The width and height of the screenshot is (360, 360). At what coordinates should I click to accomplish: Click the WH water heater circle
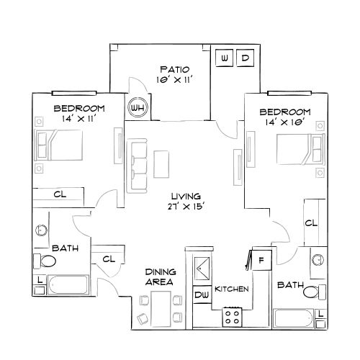[x=135, y=109]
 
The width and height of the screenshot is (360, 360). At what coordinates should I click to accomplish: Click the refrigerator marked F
[x=261, y=258]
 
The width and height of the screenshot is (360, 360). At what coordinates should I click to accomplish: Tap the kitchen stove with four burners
[x=232, y=315]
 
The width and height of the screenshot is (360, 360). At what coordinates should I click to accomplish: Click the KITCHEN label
[x=232, y=289]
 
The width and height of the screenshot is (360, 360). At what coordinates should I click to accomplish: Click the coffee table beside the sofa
[x=162, y=164]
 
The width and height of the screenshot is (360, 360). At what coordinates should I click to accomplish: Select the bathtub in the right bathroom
[x=294, y=318]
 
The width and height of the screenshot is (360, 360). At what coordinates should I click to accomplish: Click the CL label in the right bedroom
[x=310, y=223]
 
